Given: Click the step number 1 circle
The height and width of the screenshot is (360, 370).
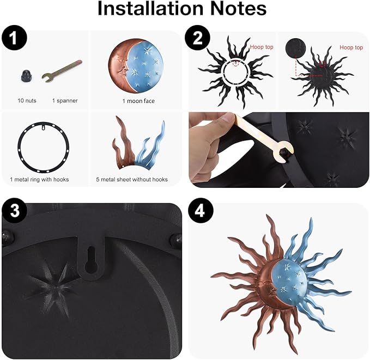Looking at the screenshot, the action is pos(14,38).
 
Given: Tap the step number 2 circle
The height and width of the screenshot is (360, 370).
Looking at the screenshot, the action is pos(197,38).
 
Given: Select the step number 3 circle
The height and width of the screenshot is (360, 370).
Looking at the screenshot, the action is pos(15,210).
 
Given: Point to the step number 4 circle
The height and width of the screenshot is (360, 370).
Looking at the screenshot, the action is pos(199,210).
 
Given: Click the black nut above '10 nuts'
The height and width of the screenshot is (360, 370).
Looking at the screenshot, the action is pos(26,76).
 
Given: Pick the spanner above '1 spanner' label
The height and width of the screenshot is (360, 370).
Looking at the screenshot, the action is pos(62,71).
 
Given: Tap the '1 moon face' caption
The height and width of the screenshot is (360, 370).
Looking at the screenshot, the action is pos(138,101).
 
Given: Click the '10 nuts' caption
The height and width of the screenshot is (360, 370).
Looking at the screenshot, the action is pos(27,101).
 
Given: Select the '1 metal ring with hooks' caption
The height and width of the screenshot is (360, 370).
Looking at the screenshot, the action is pos(39,180).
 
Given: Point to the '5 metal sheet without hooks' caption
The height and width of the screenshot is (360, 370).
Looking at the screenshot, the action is pos(132,180).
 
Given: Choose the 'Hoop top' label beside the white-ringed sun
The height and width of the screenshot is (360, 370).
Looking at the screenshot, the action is pos(262,47).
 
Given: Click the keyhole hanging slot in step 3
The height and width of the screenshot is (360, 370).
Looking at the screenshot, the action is pos(91,259).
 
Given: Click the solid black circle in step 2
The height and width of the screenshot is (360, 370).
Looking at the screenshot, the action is pos(295,47).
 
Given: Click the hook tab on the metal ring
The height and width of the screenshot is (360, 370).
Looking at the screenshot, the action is pos(44,127).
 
